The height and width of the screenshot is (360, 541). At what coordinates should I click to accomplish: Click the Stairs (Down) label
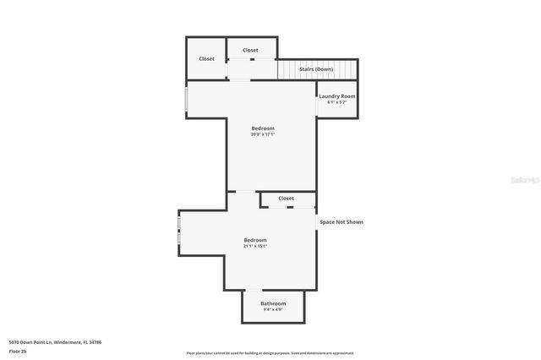pos(317,69)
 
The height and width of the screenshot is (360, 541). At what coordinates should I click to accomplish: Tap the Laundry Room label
pos(336,96)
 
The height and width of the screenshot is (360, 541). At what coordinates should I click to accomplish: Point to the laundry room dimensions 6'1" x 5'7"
pos(336,102)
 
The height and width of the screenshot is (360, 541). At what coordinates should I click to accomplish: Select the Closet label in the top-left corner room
pos(206,58)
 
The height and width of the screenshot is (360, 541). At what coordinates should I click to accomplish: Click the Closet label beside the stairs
pos(250,50)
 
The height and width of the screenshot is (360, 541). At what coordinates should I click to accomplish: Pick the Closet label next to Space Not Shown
pos(286,198)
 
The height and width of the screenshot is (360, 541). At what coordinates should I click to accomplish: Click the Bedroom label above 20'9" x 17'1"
pos(263,128)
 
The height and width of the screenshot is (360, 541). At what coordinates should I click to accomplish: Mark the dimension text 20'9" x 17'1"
pos(263,134)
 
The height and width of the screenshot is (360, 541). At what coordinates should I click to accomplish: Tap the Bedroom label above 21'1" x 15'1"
pos(255,240)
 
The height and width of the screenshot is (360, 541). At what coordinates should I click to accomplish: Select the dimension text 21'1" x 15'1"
pos(255,246)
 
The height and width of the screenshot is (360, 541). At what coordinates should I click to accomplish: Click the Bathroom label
pos(273,303)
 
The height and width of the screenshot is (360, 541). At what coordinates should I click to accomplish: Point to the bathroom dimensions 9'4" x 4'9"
pos(273,309)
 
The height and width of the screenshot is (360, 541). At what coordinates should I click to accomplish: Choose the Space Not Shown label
pos(342,222)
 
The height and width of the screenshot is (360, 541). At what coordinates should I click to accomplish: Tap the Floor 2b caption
pos(18,351)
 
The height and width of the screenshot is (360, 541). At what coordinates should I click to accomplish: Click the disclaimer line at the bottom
pos(270,353)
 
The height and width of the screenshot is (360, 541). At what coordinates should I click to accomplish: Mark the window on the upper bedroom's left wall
pos(186,98)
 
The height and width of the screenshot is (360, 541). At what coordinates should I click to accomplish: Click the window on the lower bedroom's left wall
pos(178,231)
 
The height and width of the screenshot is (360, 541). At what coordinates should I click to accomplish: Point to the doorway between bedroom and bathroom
pos(254,290)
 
